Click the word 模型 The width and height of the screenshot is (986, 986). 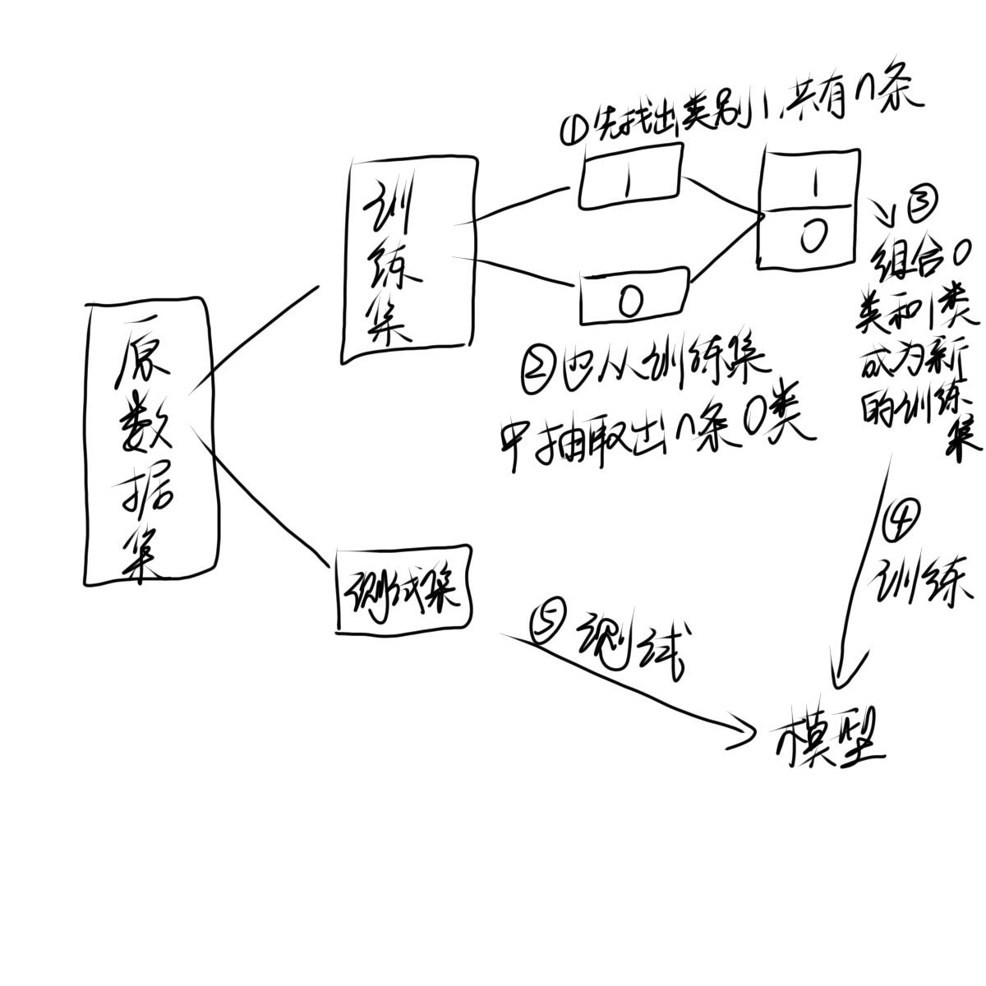point(830,735)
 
